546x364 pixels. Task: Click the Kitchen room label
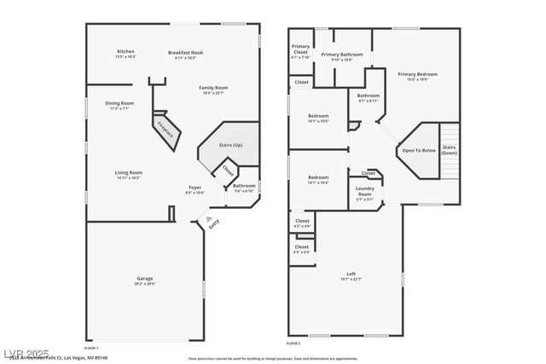click(x=125, y=52)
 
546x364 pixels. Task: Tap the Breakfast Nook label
click(x=185, y=53)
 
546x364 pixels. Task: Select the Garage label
click(x=145, y=279)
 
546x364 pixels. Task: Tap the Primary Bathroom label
click(x=341, y=55)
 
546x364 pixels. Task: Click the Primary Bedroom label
click(x=417, y=75)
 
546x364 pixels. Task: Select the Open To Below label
click(x=419, y=150)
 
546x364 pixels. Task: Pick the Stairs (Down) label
click(x=450, y=150)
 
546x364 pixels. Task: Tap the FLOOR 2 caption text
click(x=293, y=343)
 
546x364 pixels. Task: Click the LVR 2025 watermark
click(x=26, y=354)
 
